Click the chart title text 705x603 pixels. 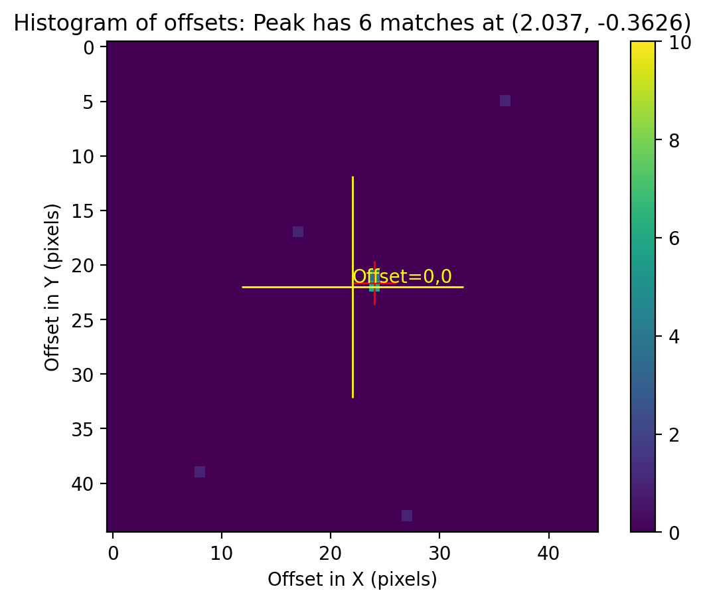tap(352, 23)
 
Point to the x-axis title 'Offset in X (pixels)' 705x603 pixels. tap(352, 580)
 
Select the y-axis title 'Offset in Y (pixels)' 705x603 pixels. tap(53, 287)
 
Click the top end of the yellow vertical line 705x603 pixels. tap(352, 177)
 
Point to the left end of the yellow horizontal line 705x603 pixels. tap(243, 287)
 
